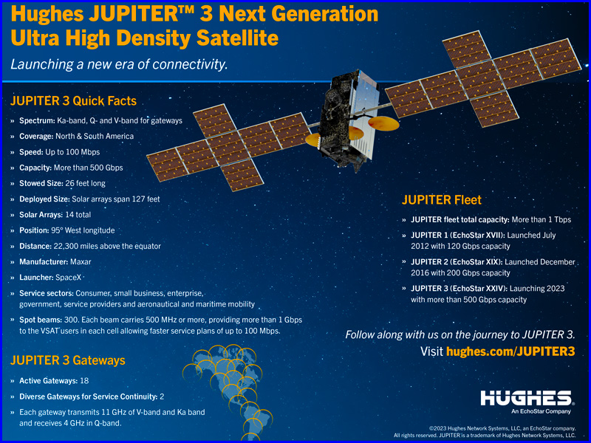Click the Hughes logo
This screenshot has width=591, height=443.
coord(527,398)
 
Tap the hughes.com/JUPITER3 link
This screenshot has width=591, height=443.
coord(510,351)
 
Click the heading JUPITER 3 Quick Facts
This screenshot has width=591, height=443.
coord(73,101)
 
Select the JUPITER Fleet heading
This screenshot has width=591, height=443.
coord(441,199)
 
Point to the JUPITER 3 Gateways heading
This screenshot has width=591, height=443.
coord(68,360)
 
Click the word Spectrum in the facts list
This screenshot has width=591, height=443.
coord(37,120)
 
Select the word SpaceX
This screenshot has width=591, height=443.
coord(68,278)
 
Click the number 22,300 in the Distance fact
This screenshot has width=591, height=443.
coord(67,246)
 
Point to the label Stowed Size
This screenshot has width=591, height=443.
coord(41,183)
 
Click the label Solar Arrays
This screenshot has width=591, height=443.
coord(41,215)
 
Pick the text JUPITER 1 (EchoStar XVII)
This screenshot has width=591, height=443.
coord(457,235)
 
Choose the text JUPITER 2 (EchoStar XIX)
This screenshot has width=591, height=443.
coord(457,262)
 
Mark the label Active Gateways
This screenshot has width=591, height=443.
coord(48,381)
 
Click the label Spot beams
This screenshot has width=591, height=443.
coord(41,320)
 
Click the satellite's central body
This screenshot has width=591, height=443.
coord(349,119)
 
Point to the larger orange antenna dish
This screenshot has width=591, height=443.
coord(383,123)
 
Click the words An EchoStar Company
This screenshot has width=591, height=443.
coord(541,411)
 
